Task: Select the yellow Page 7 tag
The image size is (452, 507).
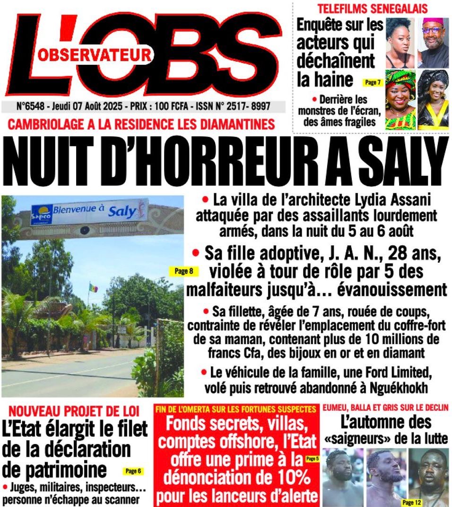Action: pyautogui.click(x=372, y=83)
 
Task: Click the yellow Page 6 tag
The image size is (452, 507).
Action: pyautogui.click(x=132, y=471)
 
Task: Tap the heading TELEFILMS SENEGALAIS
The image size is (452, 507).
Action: pyautogui.click(x=372, y=8)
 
